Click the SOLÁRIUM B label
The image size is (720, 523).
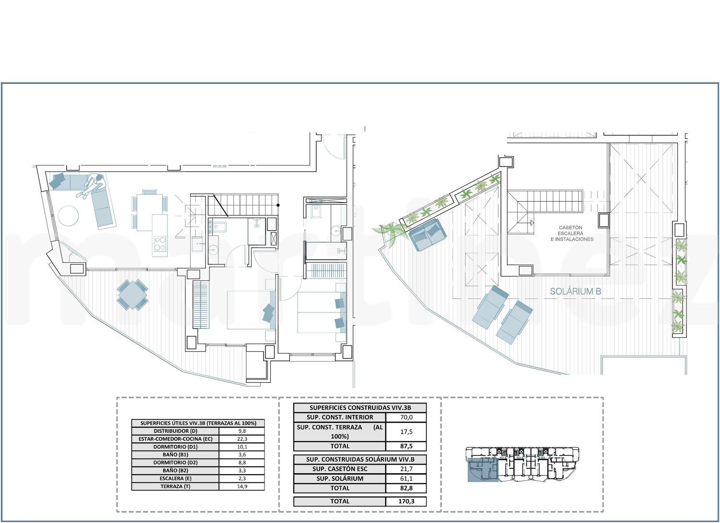click(576, 291)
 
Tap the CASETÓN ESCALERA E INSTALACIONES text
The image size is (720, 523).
click(572, 233)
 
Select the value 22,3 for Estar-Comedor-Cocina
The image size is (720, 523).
click(242, 439)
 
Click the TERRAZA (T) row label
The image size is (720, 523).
click(175, 487)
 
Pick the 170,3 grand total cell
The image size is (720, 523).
click(406, 501)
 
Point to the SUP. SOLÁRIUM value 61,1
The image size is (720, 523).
click(406, 479)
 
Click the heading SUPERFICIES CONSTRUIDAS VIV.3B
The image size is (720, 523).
click(360, 408)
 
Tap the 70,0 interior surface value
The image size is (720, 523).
click(406, 417)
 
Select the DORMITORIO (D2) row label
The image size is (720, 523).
click(175, 463)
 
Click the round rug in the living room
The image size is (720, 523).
click(68, 216)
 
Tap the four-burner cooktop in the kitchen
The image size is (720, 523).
click(160, 243)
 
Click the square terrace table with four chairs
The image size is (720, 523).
click(132, 295)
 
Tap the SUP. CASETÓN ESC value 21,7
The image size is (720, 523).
click(406, 469)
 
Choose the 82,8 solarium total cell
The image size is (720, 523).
click(406, 488)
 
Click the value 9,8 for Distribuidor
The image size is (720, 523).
click(242, 431)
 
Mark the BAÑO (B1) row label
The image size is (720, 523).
click(175, 454)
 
